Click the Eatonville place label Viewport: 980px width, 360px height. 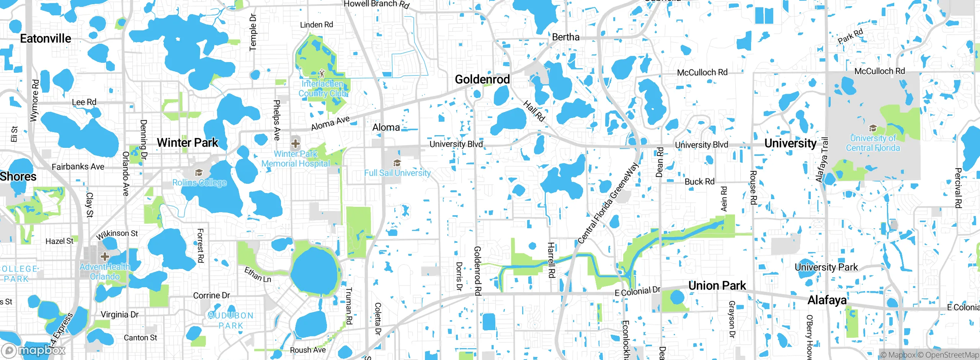46,39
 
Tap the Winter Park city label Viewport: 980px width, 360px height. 187,143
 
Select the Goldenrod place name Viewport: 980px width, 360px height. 482,80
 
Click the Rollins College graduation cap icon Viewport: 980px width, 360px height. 199,173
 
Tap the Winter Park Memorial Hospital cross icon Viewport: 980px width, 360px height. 295,144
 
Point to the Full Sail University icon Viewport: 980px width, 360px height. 397,163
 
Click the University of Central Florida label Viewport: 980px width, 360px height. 873,143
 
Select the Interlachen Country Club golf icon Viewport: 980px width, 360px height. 322,73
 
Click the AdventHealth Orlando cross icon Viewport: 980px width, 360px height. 105,257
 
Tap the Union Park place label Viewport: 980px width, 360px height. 717,286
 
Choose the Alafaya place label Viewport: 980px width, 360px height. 827,300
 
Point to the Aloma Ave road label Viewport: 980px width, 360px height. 330,123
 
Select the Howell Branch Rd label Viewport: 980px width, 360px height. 376,4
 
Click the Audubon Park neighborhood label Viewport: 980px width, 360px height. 231,321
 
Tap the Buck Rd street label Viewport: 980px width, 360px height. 699,182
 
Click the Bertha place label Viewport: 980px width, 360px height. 565,37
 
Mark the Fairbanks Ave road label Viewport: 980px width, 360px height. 78,167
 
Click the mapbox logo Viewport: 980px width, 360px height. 34,350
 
